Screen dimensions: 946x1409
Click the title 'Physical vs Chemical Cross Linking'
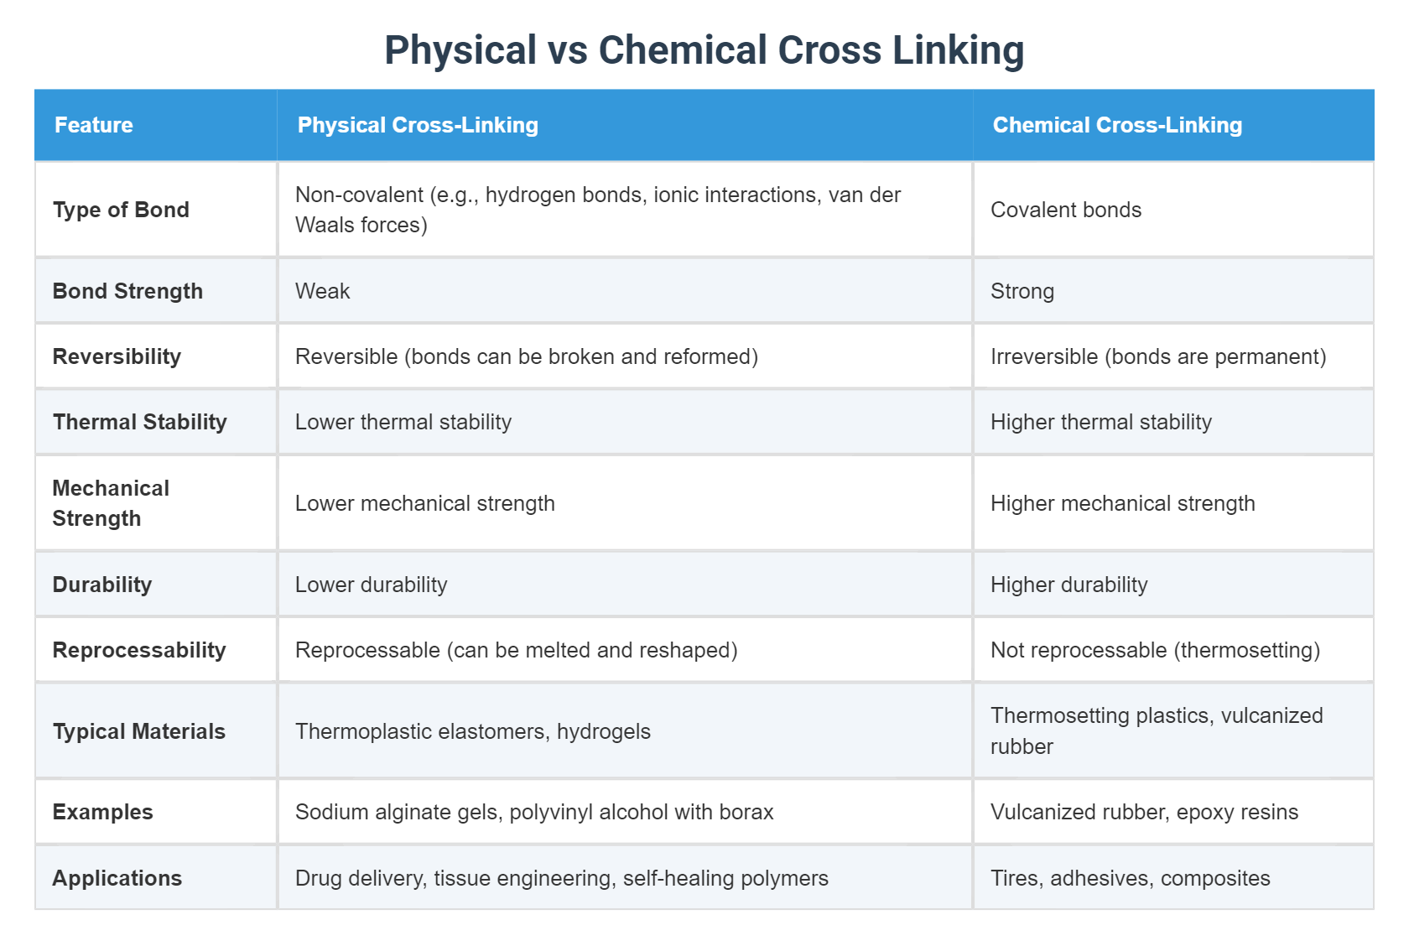tap(704, 50)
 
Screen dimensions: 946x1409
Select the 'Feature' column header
tap(94, 125)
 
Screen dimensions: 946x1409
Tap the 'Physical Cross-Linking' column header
tap(418, 125)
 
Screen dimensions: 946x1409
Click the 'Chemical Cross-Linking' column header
tap(1117, 125)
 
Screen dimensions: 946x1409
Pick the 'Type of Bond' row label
tap(121, 210)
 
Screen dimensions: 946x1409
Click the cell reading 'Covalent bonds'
tap(1066, 210)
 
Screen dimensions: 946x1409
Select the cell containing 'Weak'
tap(323, 291)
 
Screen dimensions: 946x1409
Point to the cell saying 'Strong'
tap(1022, 291)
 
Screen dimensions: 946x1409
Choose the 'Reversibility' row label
tap(117, 356)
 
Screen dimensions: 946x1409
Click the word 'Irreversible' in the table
tap(1044, 356)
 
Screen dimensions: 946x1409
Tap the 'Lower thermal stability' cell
tap(403, 422)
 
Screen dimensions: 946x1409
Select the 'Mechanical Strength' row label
tap(111, 503)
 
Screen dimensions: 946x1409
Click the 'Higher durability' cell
tap(1069, 585)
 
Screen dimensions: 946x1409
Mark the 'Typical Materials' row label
tap(139, 731)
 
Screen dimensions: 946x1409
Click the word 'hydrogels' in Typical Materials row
tap(604, 731)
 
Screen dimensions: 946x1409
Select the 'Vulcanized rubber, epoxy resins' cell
tap(1144, 812)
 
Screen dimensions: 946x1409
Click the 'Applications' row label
tap(117, 878)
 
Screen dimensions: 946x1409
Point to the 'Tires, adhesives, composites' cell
tap(1131, 878)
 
